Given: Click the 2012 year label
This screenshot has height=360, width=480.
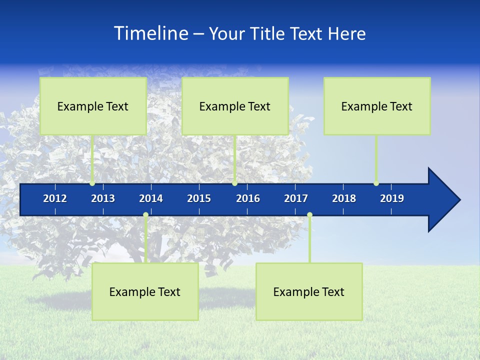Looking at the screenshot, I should [55, 198].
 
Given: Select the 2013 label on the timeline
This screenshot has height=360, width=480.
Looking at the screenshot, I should [103, 198].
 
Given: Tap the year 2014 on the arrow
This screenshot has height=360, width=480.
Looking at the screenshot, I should [151, 198].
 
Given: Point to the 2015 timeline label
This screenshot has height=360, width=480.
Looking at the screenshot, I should [199, 198].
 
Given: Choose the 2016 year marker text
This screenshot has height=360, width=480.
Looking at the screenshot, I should [248, 198].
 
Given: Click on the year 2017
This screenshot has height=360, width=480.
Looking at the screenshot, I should [296, 198].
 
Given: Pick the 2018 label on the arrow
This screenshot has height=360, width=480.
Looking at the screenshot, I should [344, 198].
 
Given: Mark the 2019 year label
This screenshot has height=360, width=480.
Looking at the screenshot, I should [392, 198].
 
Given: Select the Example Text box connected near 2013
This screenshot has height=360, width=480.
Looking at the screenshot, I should [93, 106].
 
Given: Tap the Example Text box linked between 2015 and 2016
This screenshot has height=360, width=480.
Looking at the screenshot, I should [235, 106].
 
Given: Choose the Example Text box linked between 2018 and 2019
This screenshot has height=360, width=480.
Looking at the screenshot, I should [377, 106].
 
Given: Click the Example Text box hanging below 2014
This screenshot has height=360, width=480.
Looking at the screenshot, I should [145, 291].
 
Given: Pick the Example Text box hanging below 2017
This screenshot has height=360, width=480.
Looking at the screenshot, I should [309, 291].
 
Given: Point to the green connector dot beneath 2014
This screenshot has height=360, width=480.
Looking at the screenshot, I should [145, 215].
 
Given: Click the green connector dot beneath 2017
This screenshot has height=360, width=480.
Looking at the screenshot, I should [309, 215].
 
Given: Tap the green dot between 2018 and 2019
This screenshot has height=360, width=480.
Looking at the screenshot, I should [376, 183].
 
